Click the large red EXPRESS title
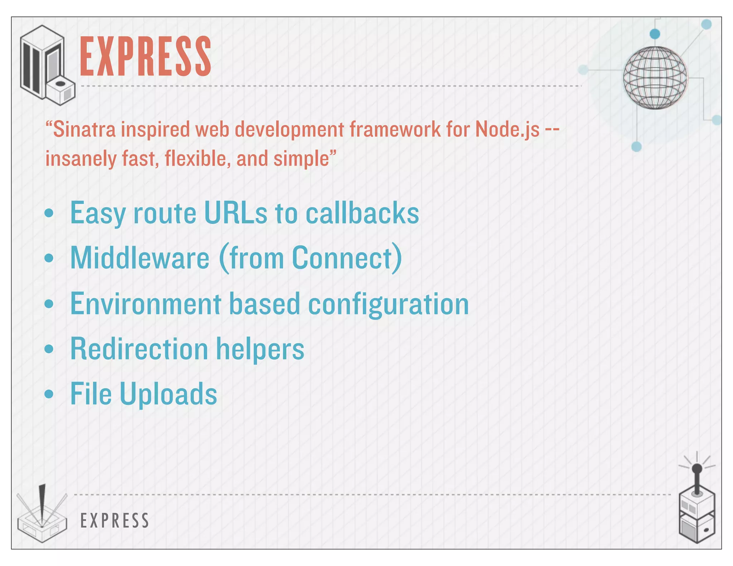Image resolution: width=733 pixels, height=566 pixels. click(x=145, y=56)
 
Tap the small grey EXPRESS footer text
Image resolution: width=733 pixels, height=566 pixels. click(x=115, y=520)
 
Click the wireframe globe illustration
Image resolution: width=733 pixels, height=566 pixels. click(x=655, y=77)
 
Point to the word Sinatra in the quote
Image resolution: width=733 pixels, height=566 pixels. click(x=84, y=129)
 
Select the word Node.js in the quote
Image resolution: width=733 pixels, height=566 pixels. click(x=507, y=129)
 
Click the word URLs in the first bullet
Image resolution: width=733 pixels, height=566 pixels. click(x=235, y=213)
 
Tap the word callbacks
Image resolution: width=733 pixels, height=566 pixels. click(x=362, y=213)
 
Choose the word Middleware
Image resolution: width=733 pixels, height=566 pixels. click(x=140, y=258)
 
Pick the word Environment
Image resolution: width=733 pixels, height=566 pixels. click(x=146, y=304)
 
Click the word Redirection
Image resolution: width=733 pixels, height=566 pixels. click(x=139, y=349)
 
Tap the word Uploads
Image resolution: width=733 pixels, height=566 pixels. click(x=168, y=394)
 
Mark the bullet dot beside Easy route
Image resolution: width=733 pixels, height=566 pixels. click(x=49, y=213)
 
